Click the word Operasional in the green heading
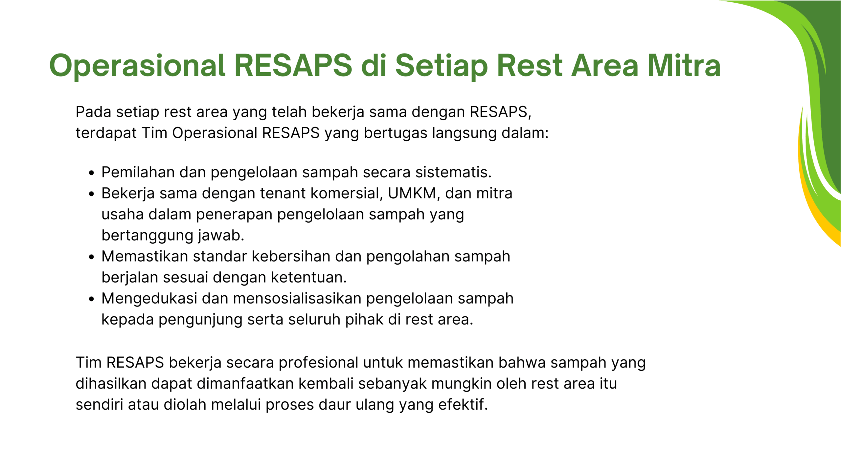tap(137, 66)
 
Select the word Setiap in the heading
tap(442, 66)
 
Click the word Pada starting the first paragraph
tap(93, 112)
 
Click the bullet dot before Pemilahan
tap(92, 173)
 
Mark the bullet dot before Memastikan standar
tap(92, 257)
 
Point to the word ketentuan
tap(309, 278)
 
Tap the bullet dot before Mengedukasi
tap(92, 299)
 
